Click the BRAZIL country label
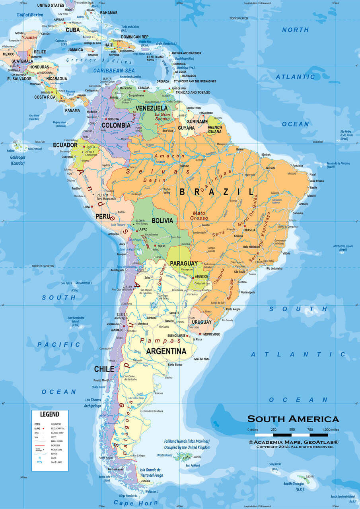(x=216, y=192)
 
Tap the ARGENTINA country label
(x=166, y=351)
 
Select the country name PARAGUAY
(x=183, y=264)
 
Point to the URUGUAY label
(x=202, y=322)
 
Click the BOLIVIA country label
(x=162, y=220)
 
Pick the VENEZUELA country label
(x=151, y=108)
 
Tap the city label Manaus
(x=184, y=165)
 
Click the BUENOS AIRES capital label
(x=177, y=336)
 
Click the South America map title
(x=293, y=419)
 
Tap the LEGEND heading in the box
(x=50, y=414)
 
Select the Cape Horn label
(x=130, y=503)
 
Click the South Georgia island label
(x=293, y=484)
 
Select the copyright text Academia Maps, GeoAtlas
(x=293, y=442)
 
